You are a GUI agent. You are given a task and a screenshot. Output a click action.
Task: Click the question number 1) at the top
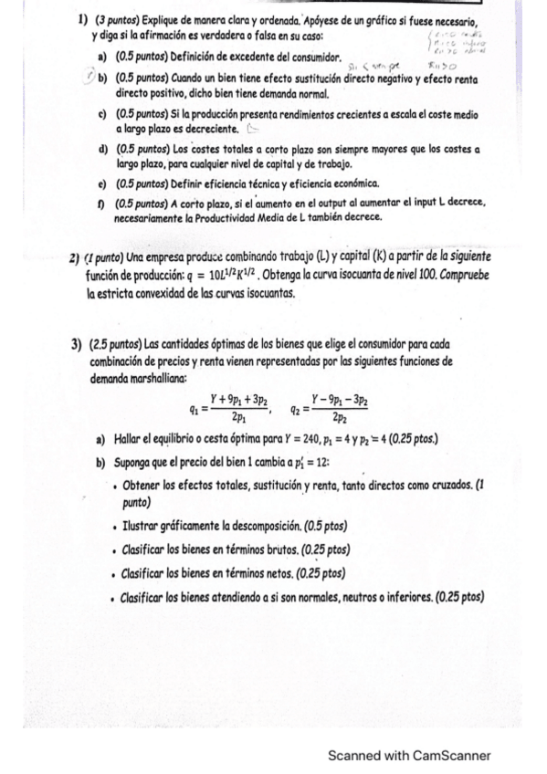tap(82, 20)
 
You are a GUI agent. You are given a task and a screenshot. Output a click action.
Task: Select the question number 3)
tap(76, 344)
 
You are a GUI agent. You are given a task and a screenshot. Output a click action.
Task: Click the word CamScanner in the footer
tap(451, 756)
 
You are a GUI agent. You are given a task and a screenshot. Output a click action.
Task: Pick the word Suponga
tap(141, 462)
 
